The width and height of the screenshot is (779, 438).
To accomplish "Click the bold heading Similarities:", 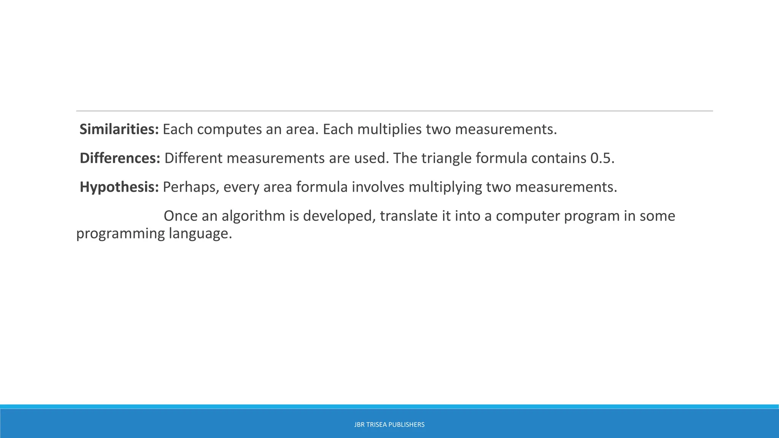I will [x=119, y=130].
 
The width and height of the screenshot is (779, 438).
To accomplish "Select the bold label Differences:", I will [x=120, y=158].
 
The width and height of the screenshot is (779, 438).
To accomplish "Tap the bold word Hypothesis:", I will [x=119, y=187].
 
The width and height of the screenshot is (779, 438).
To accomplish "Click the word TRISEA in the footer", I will [x=377, y=425].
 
